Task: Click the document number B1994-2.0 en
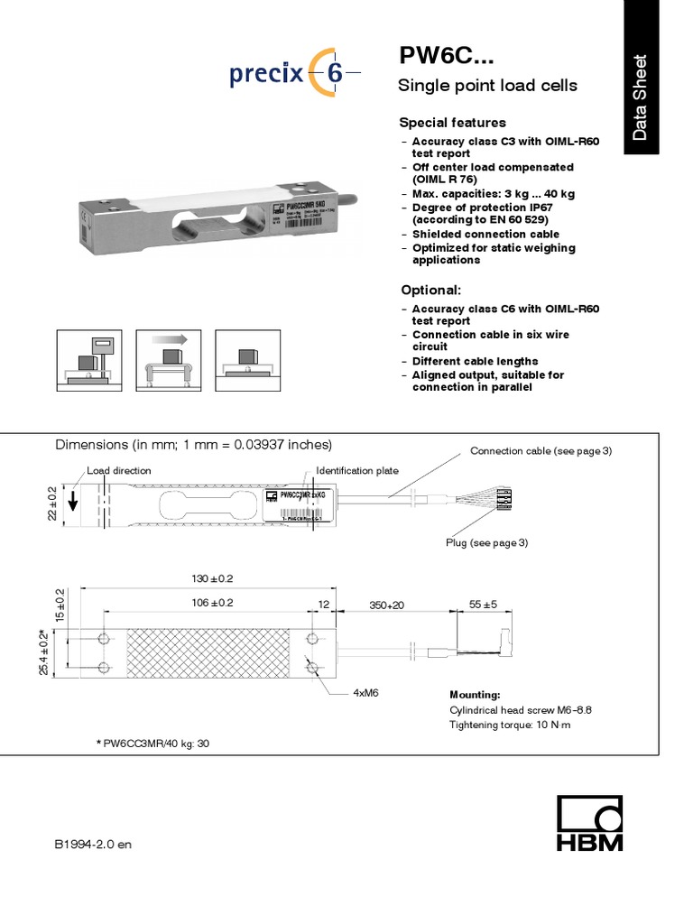[x=93, y=845]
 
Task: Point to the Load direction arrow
[x=73, y=502]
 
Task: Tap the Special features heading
[x=452, y=123]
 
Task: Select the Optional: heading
[x=430, y=291]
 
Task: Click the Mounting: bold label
[x=475, y=695]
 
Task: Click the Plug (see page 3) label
[x=486, y=542]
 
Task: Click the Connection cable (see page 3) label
[x=541, y=450]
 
